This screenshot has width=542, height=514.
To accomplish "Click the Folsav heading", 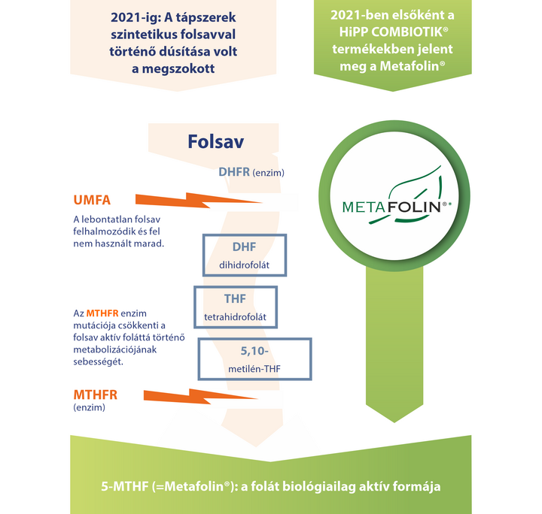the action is (216, 141).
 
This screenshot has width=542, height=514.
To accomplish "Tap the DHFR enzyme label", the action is (251, 172).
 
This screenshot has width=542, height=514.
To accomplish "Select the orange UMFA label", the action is (92, 200).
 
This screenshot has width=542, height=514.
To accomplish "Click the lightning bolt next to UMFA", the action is (199, 201).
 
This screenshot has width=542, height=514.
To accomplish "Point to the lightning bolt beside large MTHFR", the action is (200, 396).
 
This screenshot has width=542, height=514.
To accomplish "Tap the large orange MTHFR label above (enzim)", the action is (96, 395).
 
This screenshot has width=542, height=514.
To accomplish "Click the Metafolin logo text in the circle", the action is (391, 207).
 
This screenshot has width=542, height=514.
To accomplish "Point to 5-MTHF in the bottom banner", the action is (124, 486).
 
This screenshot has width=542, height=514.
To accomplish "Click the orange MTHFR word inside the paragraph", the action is (102, 313).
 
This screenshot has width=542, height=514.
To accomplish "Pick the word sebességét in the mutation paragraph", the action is (98, 362).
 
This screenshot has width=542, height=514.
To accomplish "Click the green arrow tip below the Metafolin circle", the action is (394, 422).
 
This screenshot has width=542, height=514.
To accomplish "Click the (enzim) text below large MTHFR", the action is (89, 407).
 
